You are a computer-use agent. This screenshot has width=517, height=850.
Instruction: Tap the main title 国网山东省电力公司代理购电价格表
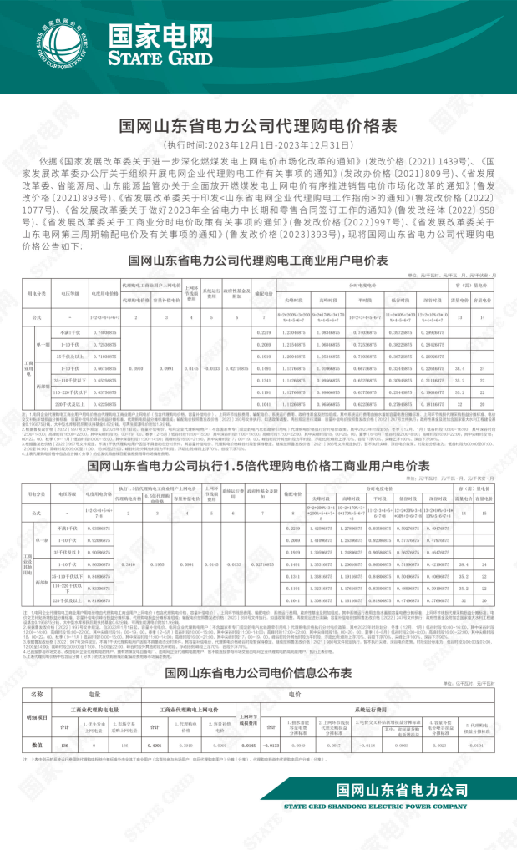(x=258, y=125)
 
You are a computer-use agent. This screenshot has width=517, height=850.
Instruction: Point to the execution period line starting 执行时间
(x=258, y=144)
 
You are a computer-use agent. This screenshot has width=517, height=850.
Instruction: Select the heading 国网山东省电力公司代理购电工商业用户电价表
(x=258, y=261)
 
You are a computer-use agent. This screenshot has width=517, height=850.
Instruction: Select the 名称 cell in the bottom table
(x=38, y=693)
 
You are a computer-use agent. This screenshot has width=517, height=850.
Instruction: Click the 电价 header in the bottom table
(x=296, y=693)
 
